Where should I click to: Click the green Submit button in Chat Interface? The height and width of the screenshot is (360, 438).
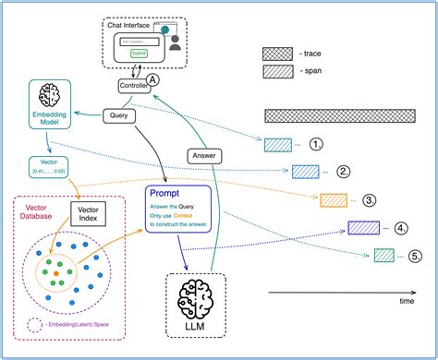(139, 54)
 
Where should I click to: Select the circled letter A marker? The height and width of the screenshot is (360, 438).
(155, 78)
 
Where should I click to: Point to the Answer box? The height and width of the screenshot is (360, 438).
(204, 156)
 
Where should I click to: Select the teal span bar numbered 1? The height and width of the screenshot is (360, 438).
(277, 144)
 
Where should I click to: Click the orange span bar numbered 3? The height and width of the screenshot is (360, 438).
(334, 199)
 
